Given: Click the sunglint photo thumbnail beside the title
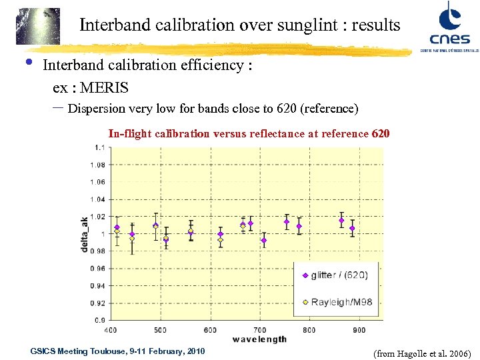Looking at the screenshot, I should point(38,26).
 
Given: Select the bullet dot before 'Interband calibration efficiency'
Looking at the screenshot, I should point(28,63).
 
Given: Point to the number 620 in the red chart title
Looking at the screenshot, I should point(381,134).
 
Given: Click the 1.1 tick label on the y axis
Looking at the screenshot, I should point(97,147).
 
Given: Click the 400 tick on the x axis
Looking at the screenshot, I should point(111,330).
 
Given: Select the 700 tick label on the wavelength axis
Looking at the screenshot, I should point(260,330).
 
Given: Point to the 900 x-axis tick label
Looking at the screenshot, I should point(359,330).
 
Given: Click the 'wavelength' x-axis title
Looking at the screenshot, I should point(259,339).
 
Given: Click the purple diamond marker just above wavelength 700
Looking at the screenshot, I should point(263,241).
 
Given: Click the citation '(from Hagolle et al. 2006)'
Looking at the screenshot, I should point(423,353).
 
